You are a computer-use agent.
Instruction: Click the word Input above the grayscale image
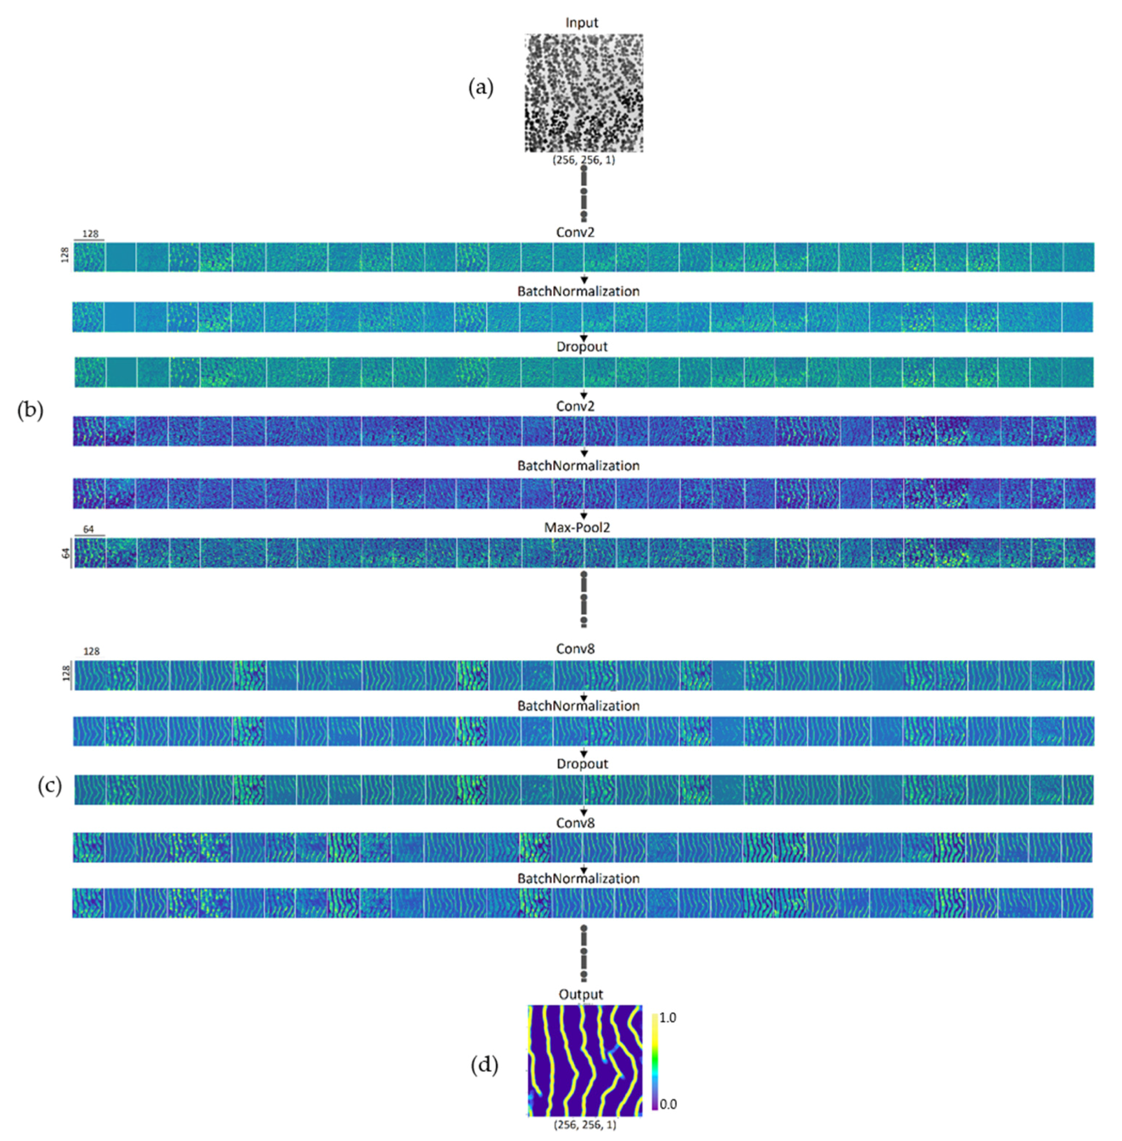click(x=581, y=22)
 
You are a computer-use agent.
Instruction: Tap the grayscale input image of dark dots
click(x=583, y=93)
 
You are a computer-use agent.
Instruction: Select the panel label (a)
click(x=480, y=88)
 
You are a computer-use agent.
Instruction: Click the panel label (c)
click(x=49, y=785)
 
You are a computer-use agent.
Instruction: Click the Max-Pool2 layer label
click(x=577, y=527)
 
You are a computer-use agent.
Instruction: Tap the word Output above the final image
click(x=581, y=994)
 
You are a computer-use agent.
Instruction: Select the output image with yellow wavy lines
click(x=585, y=1060)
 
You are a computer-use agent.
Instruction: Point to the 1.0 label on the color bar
click(x=667, y=1017)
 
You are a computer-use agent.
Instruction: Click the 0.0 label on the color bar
click(x=667, y=1104)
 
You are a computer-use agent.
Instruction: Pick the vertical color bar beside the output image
click(x=655, y=1061)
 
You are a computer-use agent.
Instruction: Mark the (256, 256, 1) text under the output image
click(x=585, y=1125)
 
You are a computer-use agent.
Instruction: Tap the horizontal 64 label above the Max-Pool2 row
click(x=88, y=529)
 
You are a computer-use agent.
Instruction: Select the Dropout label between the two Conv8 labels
click(x=582, y=763)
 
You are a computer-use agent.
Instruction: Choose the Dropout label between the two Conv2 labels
click(x=582, y=346)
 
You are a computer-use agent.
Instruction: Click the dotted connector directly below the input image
click(x=583, y=193)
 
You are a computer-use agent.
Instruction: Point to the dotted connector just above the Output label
click(x=583, y=952)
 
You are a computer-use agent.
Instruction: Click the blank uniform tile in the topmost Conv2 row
click(x=121, y=257)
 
